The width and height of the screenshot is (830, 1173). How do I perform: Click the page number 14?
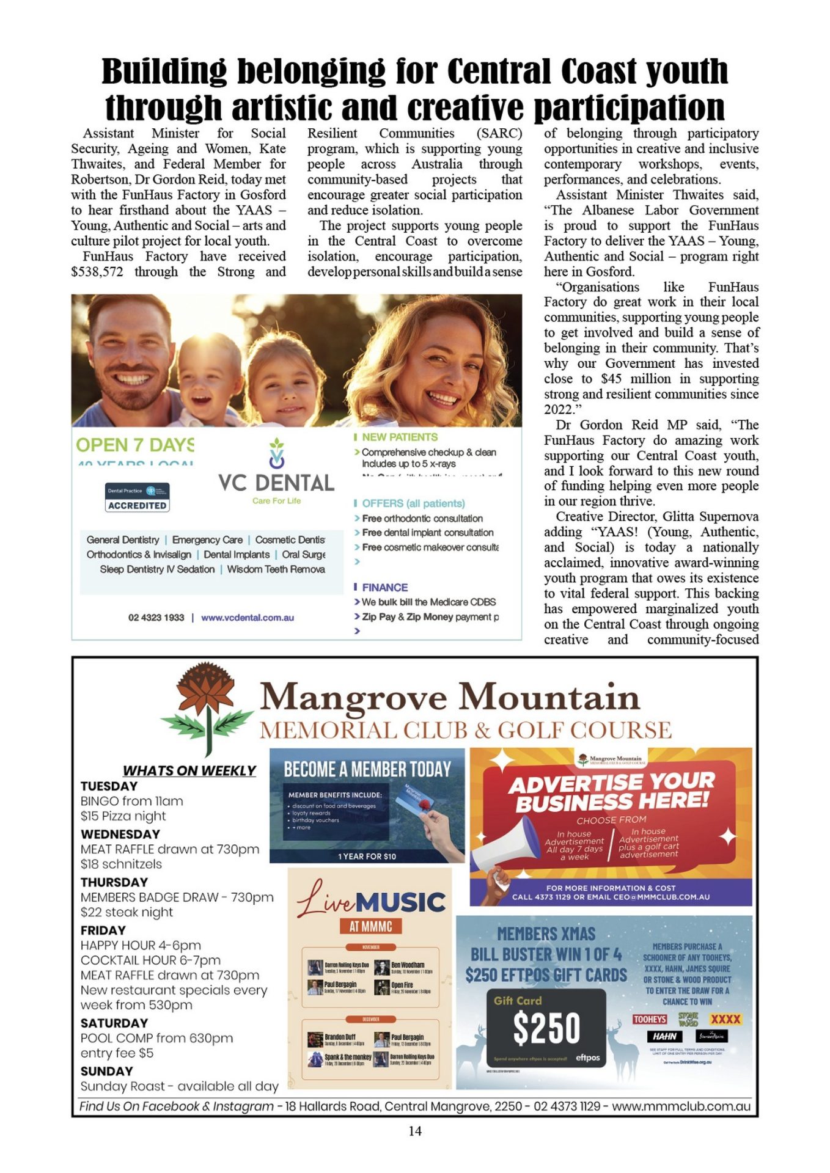click(414, 1131)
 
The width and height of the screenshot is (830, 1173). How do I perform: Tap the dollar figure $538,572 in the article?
click(97, 272)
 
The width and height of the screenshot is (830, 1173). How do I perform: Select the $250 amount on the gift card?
click(546, 1028)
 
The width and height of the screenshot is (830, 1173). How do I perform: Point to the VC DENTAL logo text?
click(276, 483)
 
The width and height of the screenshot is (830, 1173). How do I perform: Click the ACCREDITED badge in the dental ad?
click(137, 505)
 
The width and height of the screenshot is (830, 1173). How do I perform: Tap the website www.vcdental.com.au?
click(248, 618)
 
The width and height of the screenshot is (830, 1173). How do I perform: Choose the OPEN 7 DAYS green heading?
click(135, 445)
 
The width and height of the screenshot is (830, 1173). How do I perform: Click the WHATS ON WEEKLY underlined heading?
click(189, 770)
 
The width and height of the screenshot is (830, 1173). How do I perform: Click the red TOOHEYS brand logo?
click(650, 1019)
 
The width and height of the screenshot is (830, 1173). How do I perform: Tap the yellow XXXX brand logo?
click(725, 1019)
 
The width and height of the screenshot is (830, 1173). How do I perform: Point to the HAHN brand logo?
click(664, 1036)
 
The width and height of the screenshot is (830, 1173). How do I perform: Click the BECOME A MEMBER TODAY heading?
click(367, 769)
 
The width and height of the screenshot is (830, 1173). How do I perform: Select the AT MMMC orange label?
click(370, 926)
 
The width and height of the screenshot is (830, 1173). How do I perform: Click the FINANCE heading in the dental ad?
click(384, 587)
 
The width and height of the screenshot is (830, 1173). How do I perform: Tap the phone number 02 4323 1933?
click(156, 618)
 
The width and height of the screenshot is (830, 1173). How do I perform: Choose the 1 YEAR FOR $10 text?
click(367, 856)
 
